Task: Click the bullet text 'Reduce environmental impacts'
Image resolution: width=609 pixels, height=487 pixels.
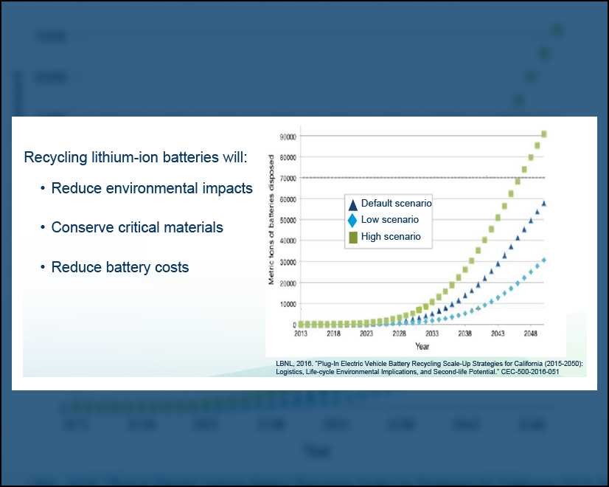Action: point(152,188)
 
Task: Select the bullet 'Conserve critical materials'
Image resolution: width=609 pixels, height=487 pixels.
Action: point(137,227)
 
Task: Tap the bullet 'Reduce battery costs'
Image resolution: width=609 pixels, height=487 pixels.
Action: point(120,267)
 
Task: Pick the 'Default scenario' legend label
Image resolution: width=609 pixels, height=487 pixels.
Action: point(396,203)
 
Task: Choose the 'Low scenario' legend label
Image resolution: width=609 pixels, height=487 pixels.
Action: point(389,220)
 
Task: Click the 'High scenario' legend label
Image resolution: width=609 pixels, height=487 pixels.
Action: point(391,237)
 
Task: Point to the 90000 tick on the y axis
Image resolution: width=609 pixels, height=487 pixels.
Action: point(287,137)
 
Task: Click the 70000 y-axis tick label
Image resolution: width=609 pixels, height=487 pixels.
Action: point(287,179)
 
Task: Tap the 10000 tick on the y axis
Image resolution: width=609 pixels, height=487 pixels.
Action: point(287,304)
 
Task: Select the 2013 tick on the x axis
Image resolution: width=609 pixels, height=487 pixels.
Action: point(301,334)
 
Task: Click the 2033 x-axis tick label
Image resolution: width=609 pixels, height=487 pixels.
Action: point(431,334)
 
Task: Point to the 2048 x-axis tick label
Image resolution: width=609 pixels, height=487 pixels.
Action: point(529,334)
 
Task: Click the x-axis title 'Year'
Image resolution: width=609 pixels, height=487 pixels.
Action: point(422,345)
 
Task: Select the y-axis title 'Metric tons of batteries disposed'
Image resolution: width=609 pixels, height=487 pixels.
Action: point(271,219)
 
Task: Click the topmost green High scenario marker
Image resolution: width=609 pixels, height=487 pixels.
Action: point(543,134)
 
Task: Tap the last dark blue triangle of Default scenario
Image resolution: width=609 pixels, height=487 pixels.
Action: point(543,203)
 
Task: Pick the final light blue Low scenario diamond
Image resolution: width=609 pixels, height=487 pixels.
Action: point(543,260)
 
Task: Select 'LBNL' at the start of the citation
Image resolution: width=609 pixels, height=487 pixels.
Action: point(285,364)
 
